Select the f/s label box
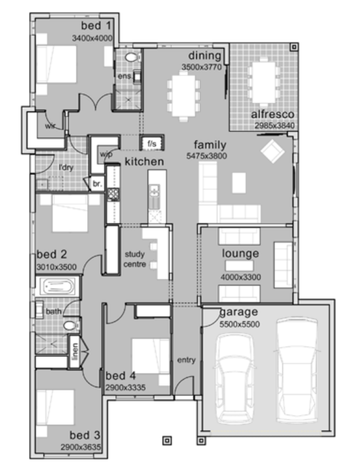(152, 143)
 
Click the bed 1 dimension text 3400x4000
(92, 38)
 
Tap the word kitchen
(144, 161)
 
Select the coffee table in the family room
(239, 183)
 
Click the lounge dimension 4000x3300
(240, 277)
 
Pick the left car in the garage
(234, 378)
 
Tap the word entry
(187, 360)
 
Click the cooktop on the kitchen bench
(113, 194)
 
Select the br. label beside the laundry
(97, 183)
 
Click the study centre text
(135, 259)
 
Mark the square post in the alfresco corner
(294, 47)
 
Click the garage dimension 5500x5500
(239, 324)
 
